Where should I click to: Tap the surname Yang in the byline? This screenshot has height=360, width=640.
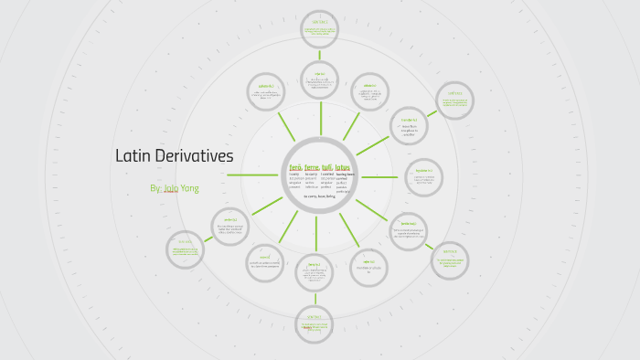[x=191, y=188]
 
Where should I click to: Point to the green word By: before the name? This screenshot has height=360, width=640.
[x=155, y=188]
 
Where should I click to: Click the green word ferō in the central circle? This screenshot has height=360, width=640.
[x=295, y=168]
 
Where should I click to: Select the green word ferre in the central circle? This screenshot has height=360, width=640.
[x=311, y=168]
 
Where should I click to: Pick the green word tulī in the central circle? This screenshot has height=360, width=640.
[x=326, y=168]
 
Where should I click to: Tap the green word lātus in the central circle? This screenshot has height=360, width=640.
[x=343, y=168]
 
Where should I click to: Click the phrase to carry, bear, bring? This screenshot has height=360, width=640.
[x=319, y=196]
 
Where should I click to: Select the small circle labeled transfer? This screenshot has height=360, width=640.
[x=409, y=125]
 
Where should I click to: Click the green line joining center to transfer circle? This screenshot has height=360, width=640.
[x=373, y=145]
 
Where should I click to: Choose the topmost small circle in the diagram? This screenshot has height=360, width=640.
[x=320, y=29]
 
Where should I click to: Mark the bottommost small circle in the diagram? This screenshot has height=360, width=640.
[x=315, y=325]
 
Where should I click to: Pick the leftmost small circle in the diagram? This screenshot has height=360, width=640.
[x=186, y=249]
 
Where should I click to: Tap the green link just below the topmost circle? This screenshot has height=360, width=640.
[x=320, y=54]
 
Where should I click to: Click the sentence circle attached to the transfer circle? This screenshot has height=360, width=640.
[x=454, y=101]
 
